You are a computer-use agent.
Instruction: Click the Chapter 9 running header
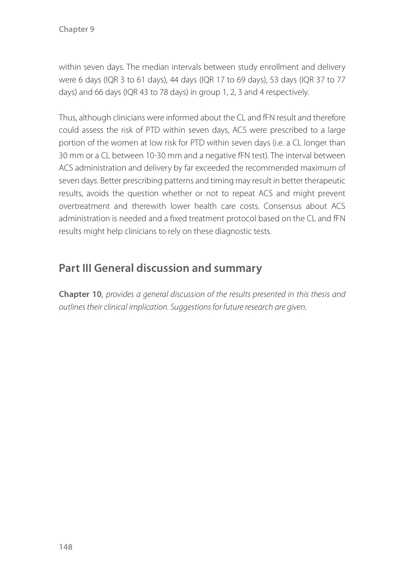76,29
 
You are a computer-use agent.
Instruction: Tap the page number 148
65,547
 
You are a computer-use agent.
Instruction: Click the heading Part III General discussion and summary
160,268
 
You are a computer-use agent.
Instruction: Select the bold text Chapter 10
80,294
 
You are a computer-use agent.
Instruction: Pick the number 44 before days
174,79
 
